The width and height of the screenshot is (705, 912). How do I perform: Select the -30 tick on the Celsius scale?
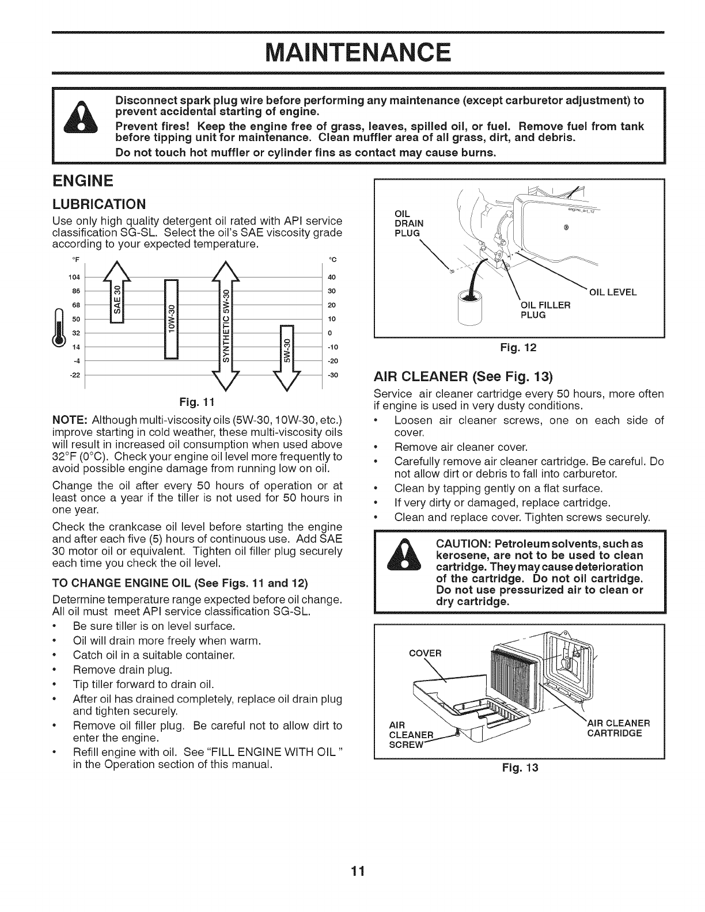[x=328, y=374]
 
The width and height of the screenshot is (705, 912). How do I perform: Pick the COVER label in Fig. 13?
[x=424, y=653]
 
